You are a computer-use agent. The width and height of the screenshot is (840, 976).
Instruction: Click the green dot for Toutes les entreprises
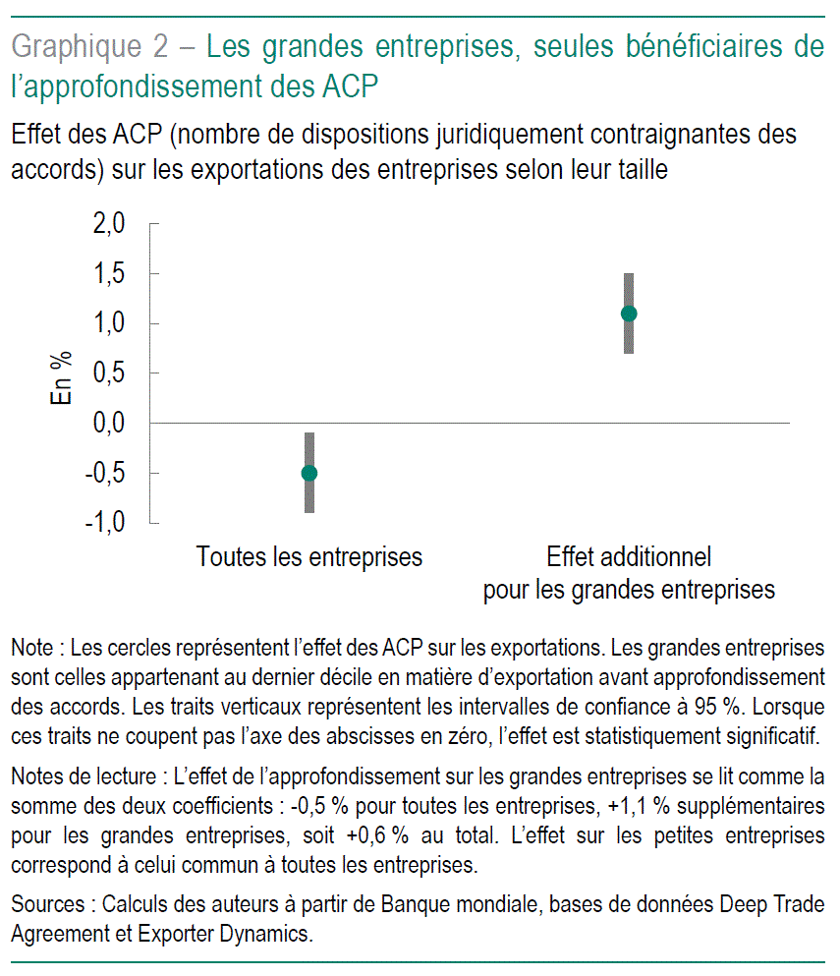pyautogui.click(x=308, y=473)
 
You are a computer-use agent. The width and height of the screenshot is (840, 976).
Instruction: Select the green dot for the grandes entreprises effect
pyautogui.click(x=629, y=314)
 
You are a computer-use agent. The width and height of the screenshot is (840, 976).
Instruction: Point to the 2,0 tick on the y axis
pyautogui.click(x=108, y=224)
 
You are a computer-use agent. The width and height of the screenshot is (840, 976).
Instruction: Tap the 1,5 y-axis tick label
pyautogui.click(x=108, y=274)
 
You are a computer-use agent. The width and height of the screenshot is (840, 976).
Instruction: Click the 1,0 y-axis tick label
pyautogui.click(x=108, y=323)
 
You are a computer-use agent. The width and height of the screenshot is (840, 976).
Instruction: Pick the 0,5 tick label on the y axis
pyautogui.click(x=108, y=373)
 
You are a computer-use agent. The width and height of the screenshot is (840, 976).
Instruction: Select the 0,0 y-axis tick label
pyautogui.click(x=108, y=423)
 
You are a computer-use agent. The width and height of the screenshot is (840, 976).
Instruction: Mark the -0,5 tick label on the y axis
pyautogui.click(x=104, y=473)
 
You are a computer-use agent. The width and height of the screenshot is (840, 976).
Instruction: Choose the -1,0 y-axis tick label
pyautogui.click(x=104, y=522)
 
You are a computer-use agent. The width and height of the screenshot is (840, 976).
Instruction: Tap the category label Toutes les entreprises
pyautogui.click(x=309, y=557)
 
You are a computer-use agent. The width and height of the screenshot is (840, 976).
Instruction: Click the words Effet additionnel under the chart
pyautogui.click(x=629, y=557)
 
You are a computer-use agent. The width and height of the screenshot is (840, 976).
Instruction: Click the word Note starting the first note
pyautogui.click(x=31, y=649)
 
